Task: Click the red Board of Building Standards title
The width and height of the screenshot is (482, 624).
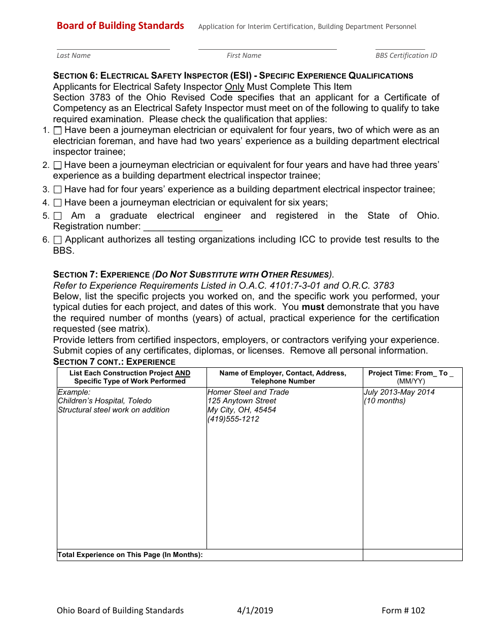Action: point(120,26)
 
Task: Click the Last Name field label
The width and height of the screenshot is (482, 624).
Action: point(74,55)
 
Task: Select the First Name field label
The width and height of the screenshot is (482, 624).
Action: point(244,55)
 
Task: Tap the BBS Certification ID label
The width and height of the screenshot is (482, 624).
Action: point(406,55)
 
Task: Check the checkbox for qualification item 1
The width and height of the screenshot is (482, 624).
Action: point(57,130)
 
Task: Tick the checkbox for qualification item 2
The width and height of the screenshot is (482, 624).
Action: point(57,165)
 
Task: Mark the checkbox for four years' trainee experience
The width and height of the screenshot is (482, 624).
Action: point(57,189)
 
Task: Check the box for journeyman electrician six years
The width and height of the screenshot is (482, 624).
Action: point(57,202)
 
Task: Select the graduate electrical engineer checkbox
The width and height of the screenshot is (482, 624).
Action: point(57,216)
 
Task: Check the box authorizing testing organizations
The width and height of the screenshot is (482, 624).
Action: point(57,239)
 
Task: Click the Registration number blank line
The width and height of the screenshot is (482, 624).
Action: point(183,227)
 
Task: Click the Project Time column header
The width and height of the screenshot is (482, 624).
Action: point(411,377)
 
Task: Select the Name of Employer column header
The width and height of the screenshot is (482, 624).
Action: point(283,377)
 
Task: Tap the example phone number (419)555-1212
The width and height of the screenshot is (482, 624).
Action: point(233,419)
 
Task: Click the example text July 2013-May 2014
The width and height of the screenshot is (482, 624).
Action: point(399,392)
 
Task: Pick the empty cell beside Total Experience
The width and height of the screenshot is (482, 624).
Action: point(412,555)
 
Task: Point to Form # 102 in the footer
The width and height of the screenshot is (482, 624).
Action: point(403,610)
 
